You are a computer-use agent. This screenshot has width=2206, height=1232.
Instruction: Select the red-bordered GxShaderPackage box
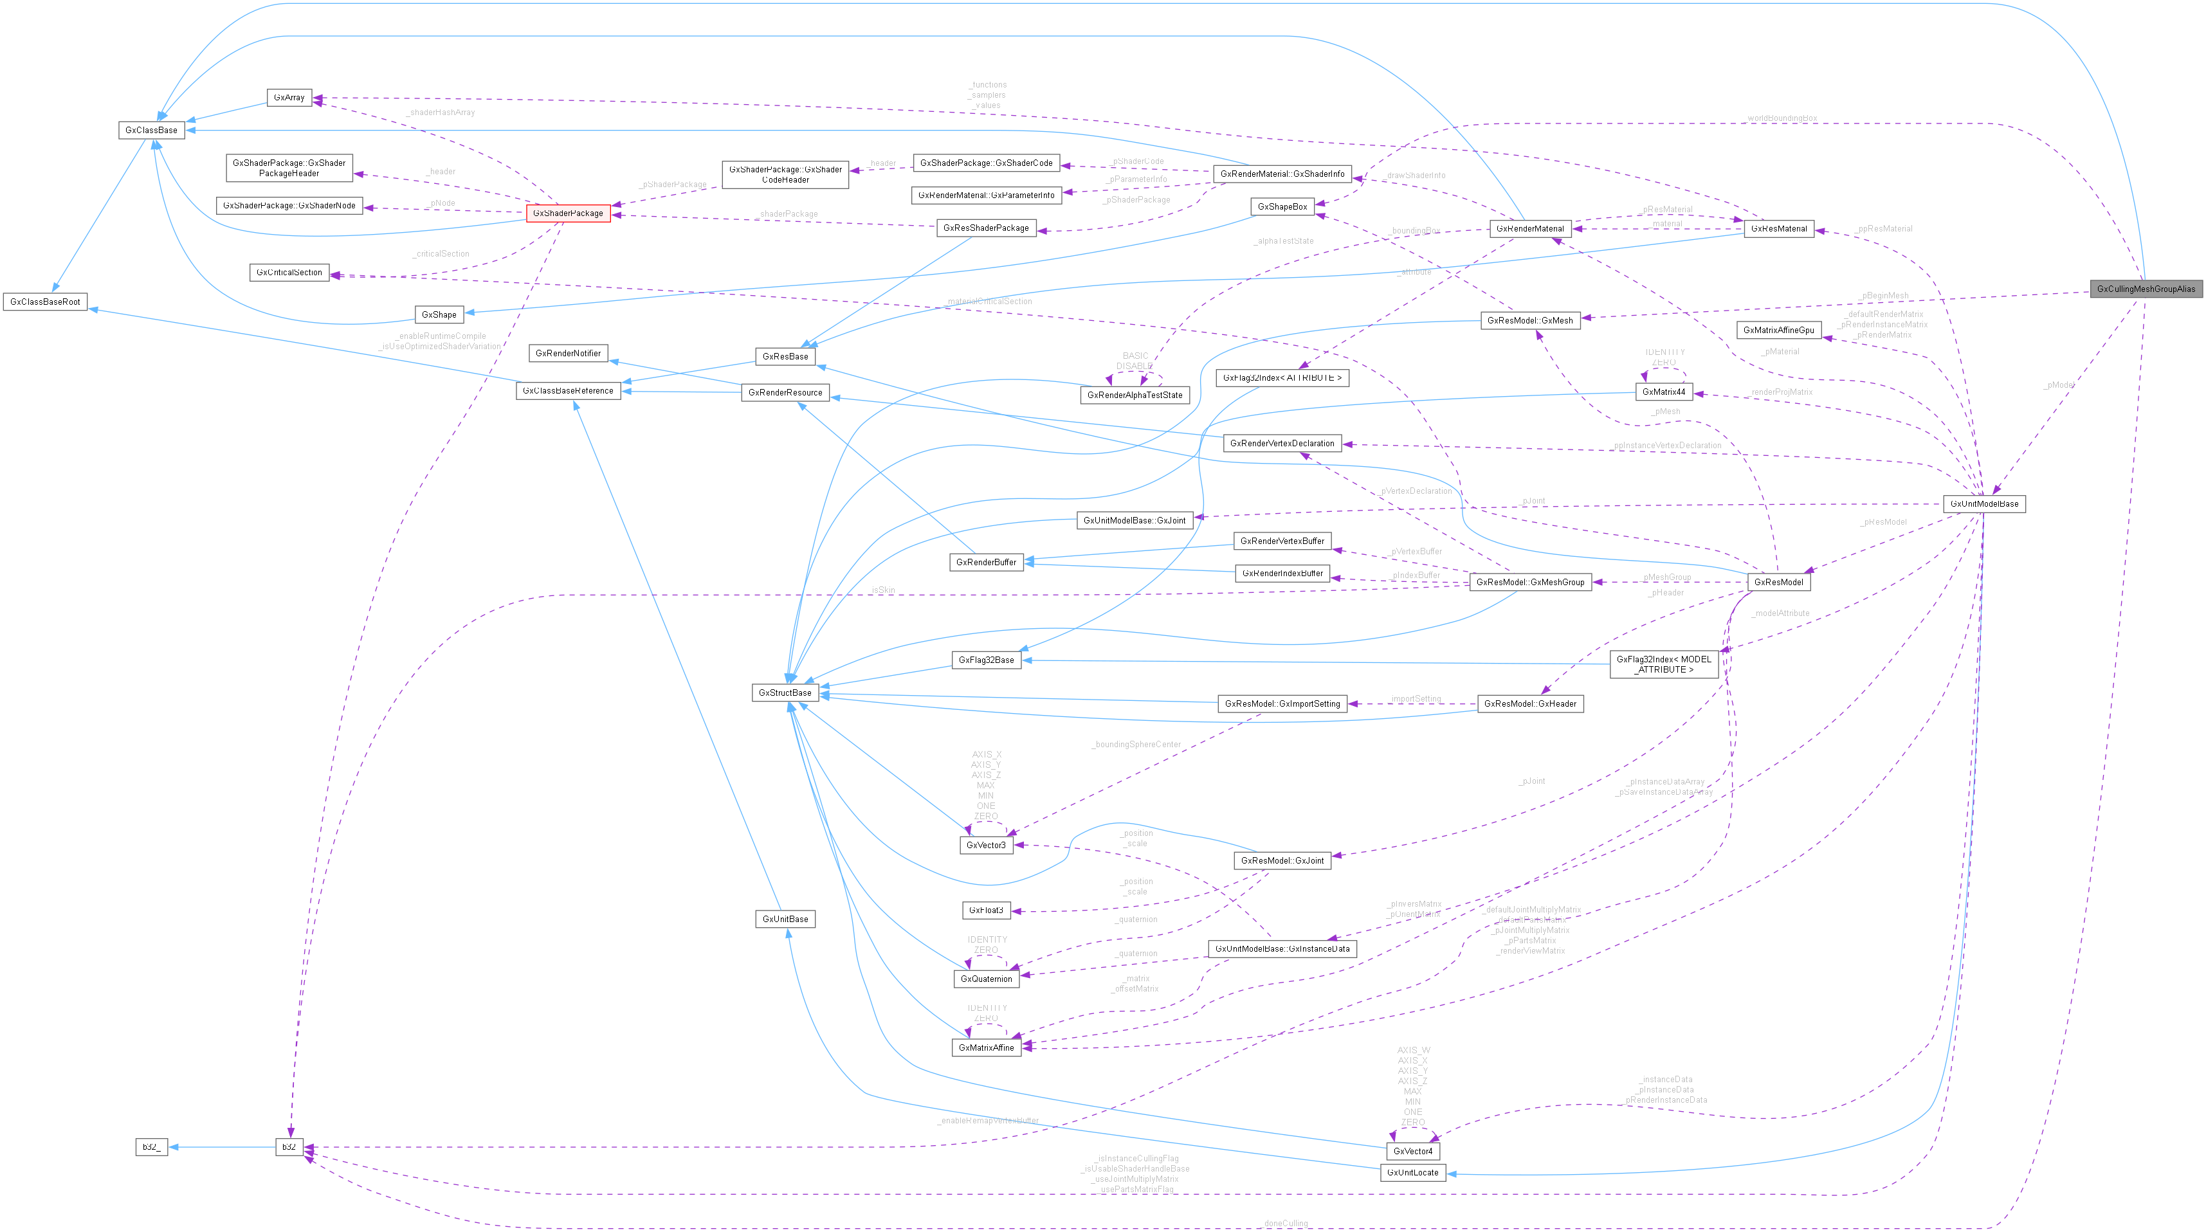(568, 213)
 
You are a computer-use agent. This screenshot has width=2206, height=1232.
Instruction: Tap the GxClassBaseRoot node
(46, 302)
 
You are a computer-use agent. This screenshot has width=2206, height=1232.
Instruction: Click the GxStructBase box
(785, 693)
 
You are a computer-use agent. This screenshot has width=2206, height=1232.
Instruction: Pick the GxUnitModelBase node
(1983, 503)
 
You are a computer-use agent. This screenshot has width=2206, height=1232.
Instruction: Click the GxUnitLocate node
(1412, 1172)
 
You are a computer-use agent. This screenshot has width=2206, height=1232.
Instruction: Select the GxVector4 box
(1413, 1151)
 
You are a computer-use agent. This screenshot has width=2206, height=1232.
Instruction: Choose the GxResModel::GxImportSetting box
(1282, 703)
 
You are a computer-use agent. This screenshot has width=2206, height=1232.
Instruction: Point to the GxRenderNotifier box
(568, 353)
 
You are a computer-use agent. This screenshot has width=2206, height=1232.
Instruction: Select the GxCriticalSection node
(289, 272)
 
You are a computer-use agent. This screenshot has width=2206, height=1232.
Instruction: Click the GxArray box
(289, 98)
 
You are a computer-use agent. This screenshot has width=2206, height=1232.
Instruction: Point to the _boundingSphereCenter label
(1136, 744)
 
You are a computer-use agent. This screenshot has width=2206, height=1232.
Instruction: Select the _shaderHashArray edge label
(440, 112)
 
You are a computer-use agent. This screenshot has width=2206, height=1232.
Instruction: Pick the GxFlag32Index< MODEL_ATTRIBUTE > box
(1663, 664)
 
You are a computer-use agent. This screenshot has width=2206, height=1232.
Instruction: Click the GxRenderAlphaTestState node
(1134, 395)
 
